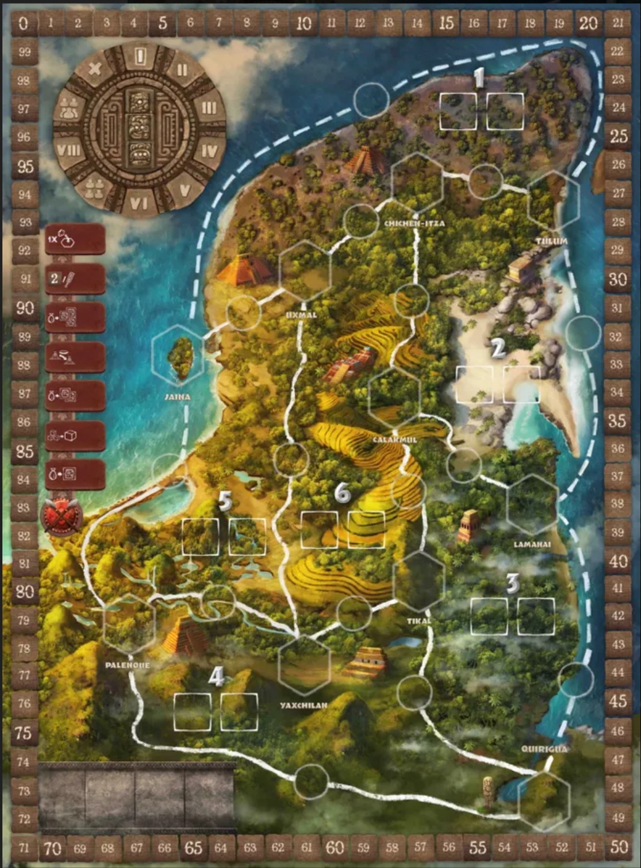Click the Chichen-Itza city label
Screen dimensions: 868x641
tap(414, 223)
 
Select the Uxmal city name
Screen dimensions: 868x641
tap(301, 314)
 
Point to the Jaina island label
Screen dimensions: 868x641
tap(177, 397)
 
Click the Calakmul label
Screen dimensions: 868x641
tap(394, 440)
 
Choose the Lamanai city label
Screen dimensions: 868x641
tap(532, 545)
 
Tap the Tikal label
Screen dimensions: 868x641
tap(419, 621)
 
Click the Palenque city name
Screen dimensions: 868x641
tap(127, 665)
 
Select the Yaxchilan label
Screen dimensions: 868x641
tap(304, 705)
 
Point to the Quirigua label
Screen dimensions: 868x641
tap(544, 749)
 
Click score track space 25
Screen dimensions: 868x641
tap(618, 136)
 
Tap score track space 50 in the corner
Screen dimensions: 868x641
tap(619, 848)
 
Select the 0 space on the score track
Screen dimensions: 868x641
tap(23, 23)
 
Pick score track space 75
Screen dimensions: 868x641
tap(23, 732)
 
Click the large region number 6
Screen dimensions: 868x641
tap(342, 493)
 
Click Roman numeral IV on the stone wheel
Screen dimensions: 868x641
tap(208, 150)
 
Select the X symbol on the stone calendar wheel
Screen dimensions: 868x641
tap(94, 68)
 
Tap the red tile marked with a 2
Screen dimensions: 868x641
tap(75, 279)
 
